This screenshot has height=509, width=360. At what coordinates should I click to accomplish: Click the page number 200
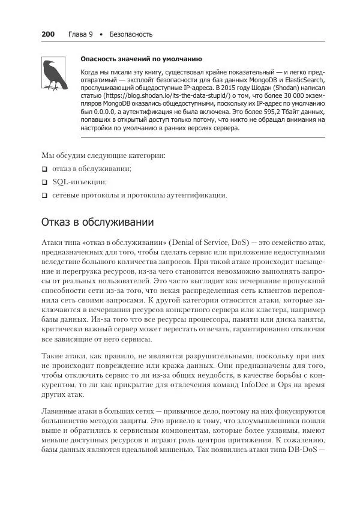pos(48,34)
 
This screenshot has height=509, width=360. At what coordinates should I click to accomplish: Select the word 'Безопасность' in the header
pos(131,34)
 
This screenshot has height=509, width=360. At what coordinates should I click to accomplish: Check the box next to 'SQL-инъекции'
pos(44,182)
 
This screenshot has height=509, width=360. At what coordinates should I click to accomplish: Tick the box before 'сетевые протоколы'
pos(44,195)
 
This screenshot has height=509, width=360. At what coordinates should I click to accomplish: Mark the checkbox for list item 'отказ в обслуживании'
pos(44,169)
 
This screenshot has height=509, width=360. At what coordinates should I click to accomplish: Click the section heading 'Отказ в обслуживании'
pos(97,222)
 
